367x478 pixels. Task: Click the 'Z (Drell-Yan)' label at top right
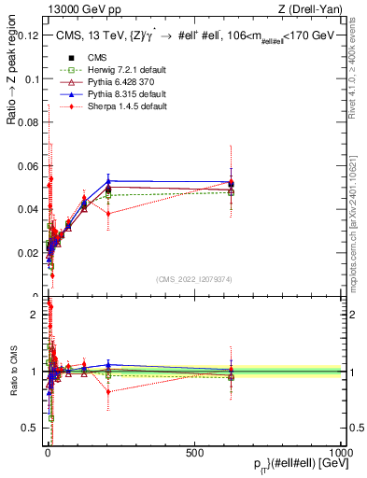(315, 9)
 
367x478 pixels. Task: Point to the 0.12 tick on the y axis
(29, 35)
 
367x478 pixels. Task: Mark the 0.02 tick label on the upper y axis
(29, 253)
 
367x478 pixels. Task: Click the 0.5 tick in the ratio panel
(32, 428)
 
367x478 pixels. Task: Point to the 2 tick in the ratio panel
(36, 315)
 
